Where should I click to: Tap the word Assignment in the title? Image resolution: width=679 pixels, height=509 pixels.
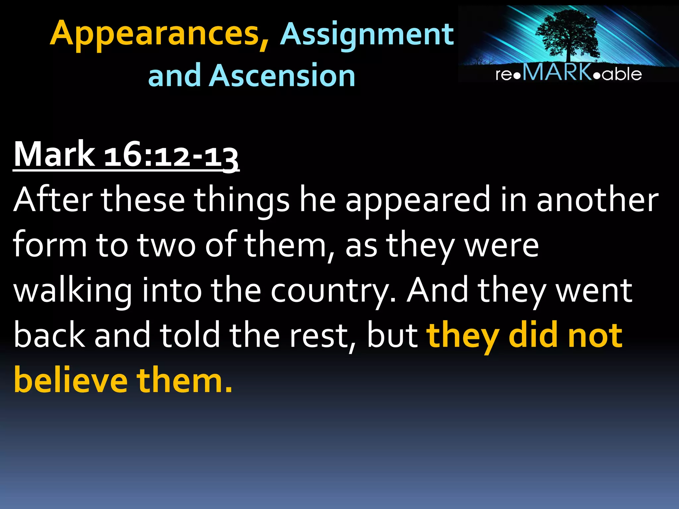click(367, 34)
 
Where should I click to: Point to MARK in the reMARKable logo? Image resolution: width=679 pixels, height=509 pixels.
click(557, 72)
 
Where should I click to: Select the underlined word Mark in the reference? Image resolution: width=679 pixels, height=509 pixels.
click(54, 154)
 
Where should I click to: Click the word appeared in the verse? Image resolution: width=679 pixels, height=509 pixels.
click(418, 201)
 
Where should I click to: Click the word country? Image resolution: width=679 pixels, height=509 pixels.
click(333, 291)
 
